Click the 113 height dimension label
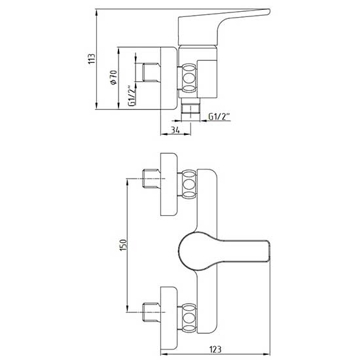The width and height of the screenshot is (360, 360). pos(92,59)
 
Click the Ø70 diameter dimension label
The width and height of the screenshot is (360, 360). pos(114,77)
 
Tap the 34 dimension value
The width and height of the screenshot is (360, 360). pos(175,130)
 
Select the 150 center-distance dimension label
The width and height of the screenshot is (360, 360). pos(123,245)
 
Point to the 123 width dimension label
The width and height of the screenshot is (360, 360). pos(215,350)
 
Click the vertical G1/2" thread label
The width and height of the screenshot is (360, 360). pos(132,96)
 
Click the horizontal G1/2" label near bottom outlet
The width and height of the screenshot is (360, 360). pos(219,117)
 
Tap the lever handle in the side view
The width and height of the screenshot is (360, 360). pos(224,26)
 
